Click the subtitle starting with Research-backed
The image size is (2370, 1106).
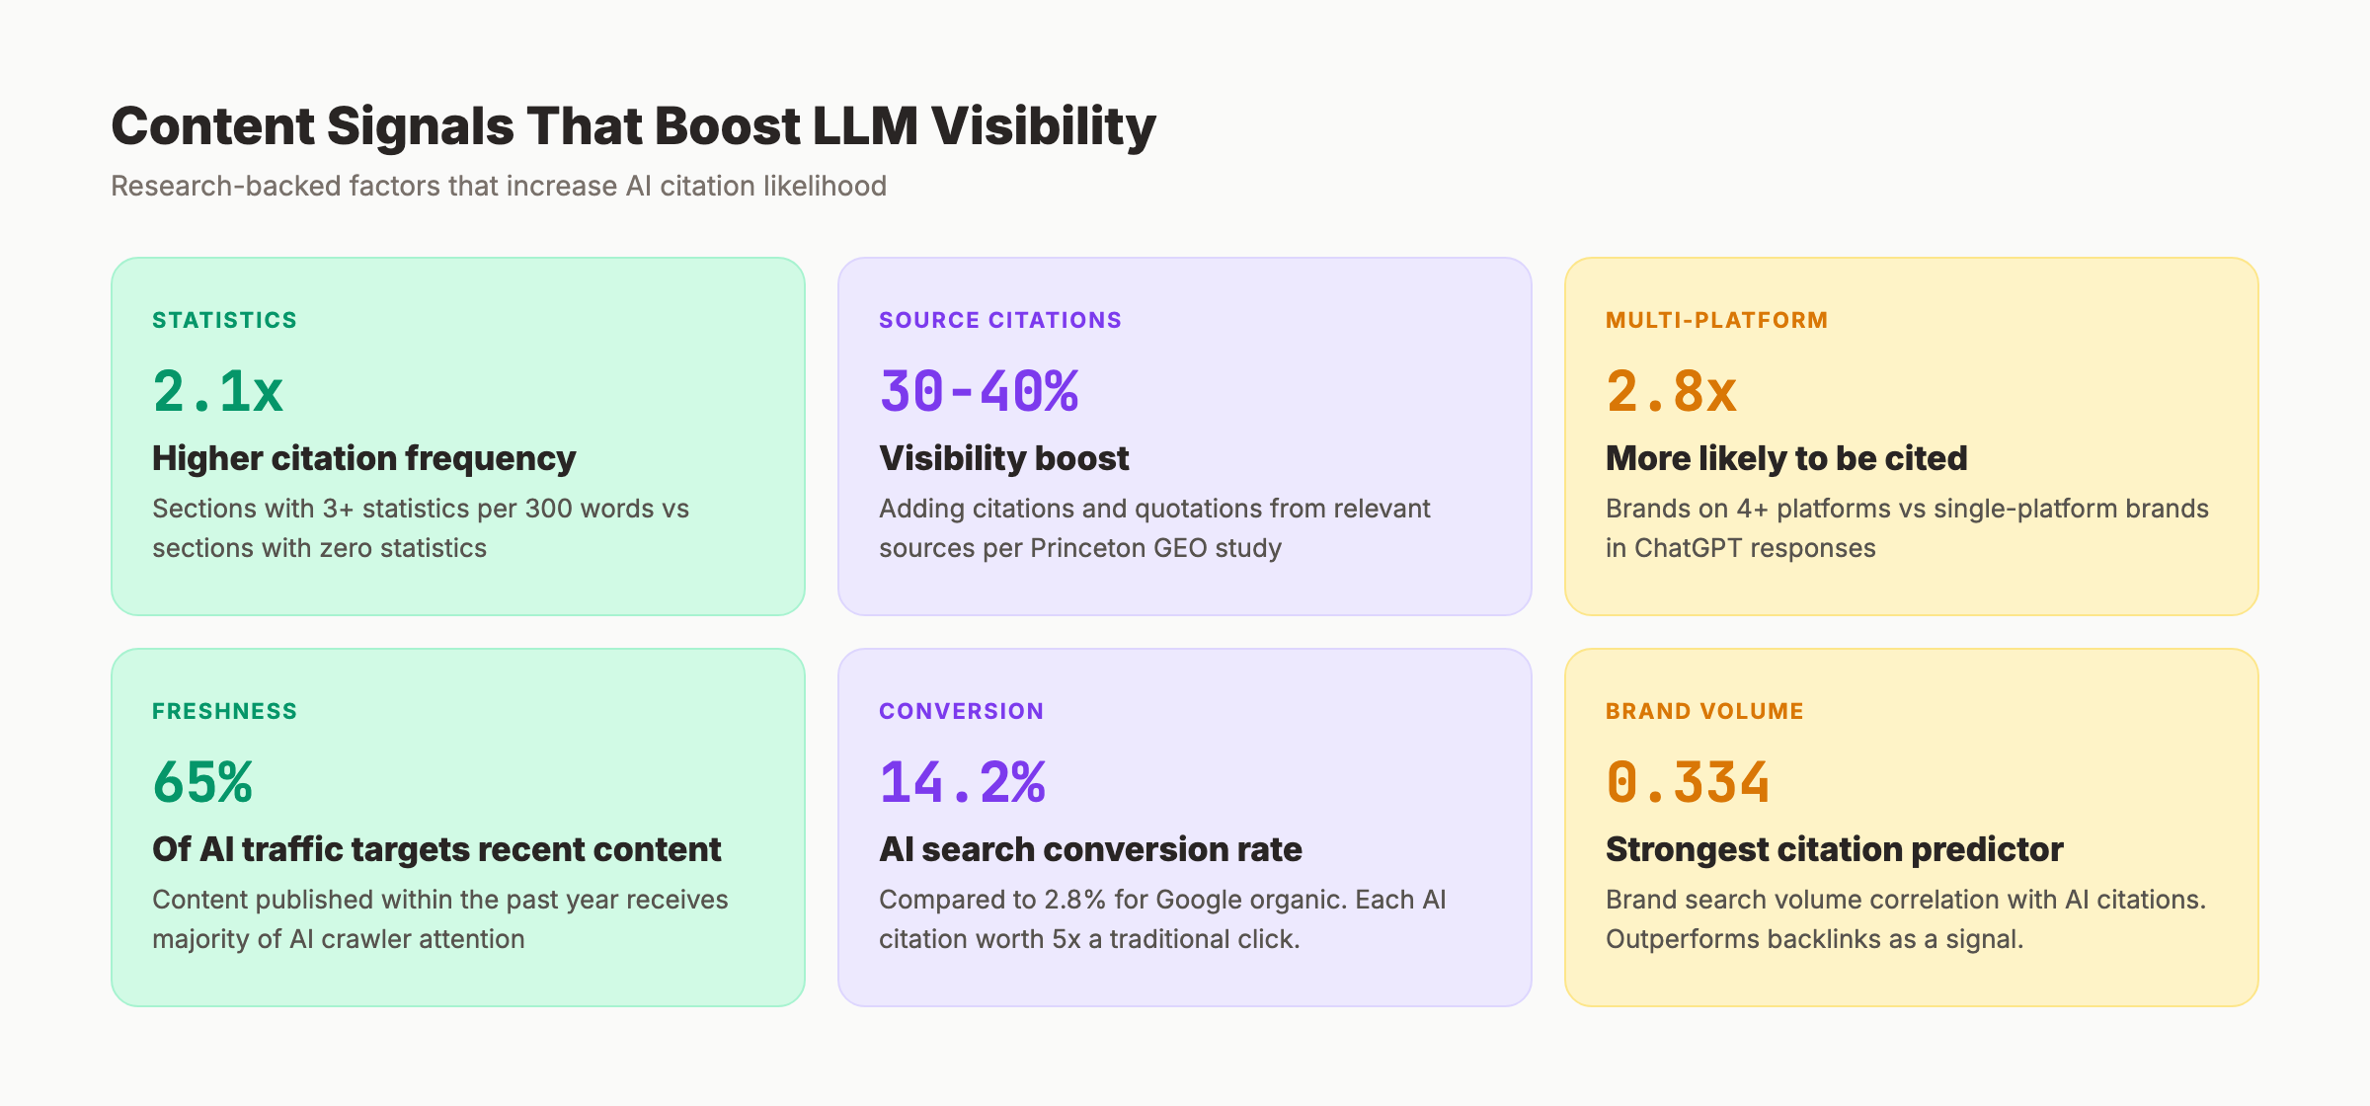(x=499, y=186)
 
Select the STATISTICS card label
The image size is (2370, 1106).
(x=224, y=320)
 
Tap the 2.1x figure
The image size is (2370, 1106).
(x=218, y=391)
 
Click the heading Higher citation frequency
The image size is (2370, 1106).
(x=363, y=458)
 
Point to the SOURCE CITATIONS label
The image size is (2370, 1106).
(x=999, y=320)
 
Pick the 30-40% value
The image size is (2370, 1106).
(x=979, y=391)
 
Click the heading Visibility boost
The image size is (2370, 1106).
(x=1003, y=458)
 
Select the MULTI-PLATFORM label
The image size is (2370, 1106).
(x=1716, y=320)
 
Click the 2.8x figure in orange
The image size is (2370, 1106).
(x=1671, y=391)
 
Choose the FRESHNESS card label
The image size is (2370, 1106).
(x=224, y=711)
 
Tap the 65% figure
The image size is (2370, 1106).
(x=202, y=782)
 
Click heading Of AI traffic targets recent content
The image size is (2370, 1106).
(x=436, y=849)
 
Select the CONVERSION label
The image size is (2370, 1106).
(x=961, y=711)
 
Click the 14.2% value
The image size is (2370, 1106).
(x=962, y=782)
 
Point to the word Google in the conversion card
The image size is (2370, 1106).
(x=1197, y=900)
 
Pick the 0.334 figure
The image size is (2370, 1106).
(x=1688, y=782)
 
